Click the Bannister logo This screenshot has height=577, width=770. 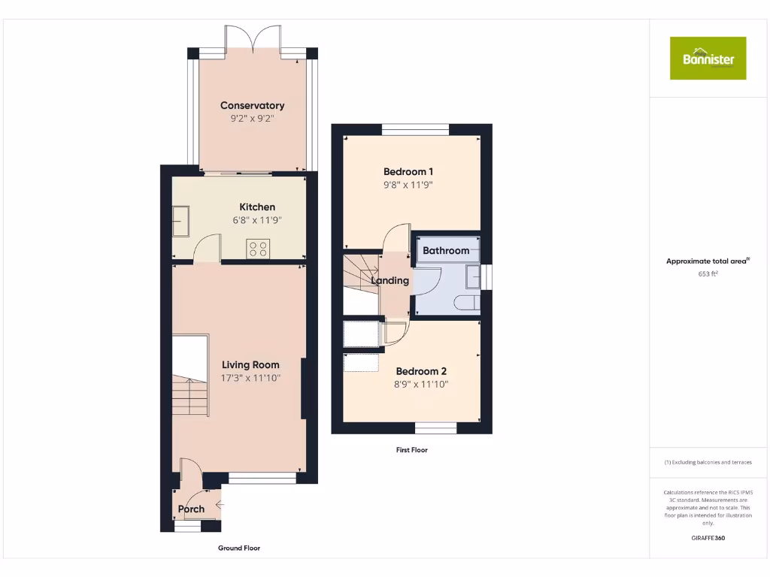pyautogui.click(x=708, y=59)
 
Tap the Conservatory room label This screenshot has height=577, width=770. pyautogui.click(x=252, y=106)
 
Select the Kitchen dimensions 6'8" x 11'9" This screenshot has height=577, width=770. pyautogui.click(x=257, y=221)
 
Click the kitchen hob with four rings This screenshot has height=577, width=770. pyautogui.click(x=258, y=249)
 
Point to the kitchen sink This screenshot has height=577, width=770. pyautogui.click(x=180, y=222)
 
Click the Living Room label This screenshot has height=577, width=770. pyautogui.click(x=250, y=365)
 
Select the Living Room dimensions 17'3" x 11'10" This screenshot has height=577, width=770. pyautogui.click(x=250, y=378)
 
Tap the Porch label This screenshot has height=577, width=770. pyautogui.click(x=191, y=509)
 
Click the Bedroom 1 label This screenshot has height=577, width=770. pyautogui.click(x=408, y=171)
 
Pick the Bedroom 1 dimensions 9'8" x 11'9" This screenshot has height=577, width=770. pyautogui.click(x=408, y=185)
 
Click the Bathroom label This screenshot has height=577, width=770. pyautogui.click(x=446, y=250)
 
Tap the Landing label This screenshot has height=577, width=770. pyautogui.click(x=390, y=280)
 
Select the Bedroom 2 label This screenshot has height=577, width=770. pyautogui.click(x=421, y=371)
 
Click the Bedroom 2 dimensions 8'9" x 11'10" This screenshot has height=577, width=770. pyautogui.click(x=422, y=384)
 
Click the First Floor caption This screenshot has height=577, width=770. pyautogui.click(x=411, y=450)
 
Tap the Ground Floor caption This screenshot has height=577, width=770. pyautogui.click(x=239, y=548)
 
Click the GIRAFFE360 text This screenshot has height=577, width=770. pyautogui.click(x=708, y=538)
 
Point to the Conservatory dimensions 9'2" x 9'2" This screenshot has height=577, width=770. pyautogui.click(x=252, y=118)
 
